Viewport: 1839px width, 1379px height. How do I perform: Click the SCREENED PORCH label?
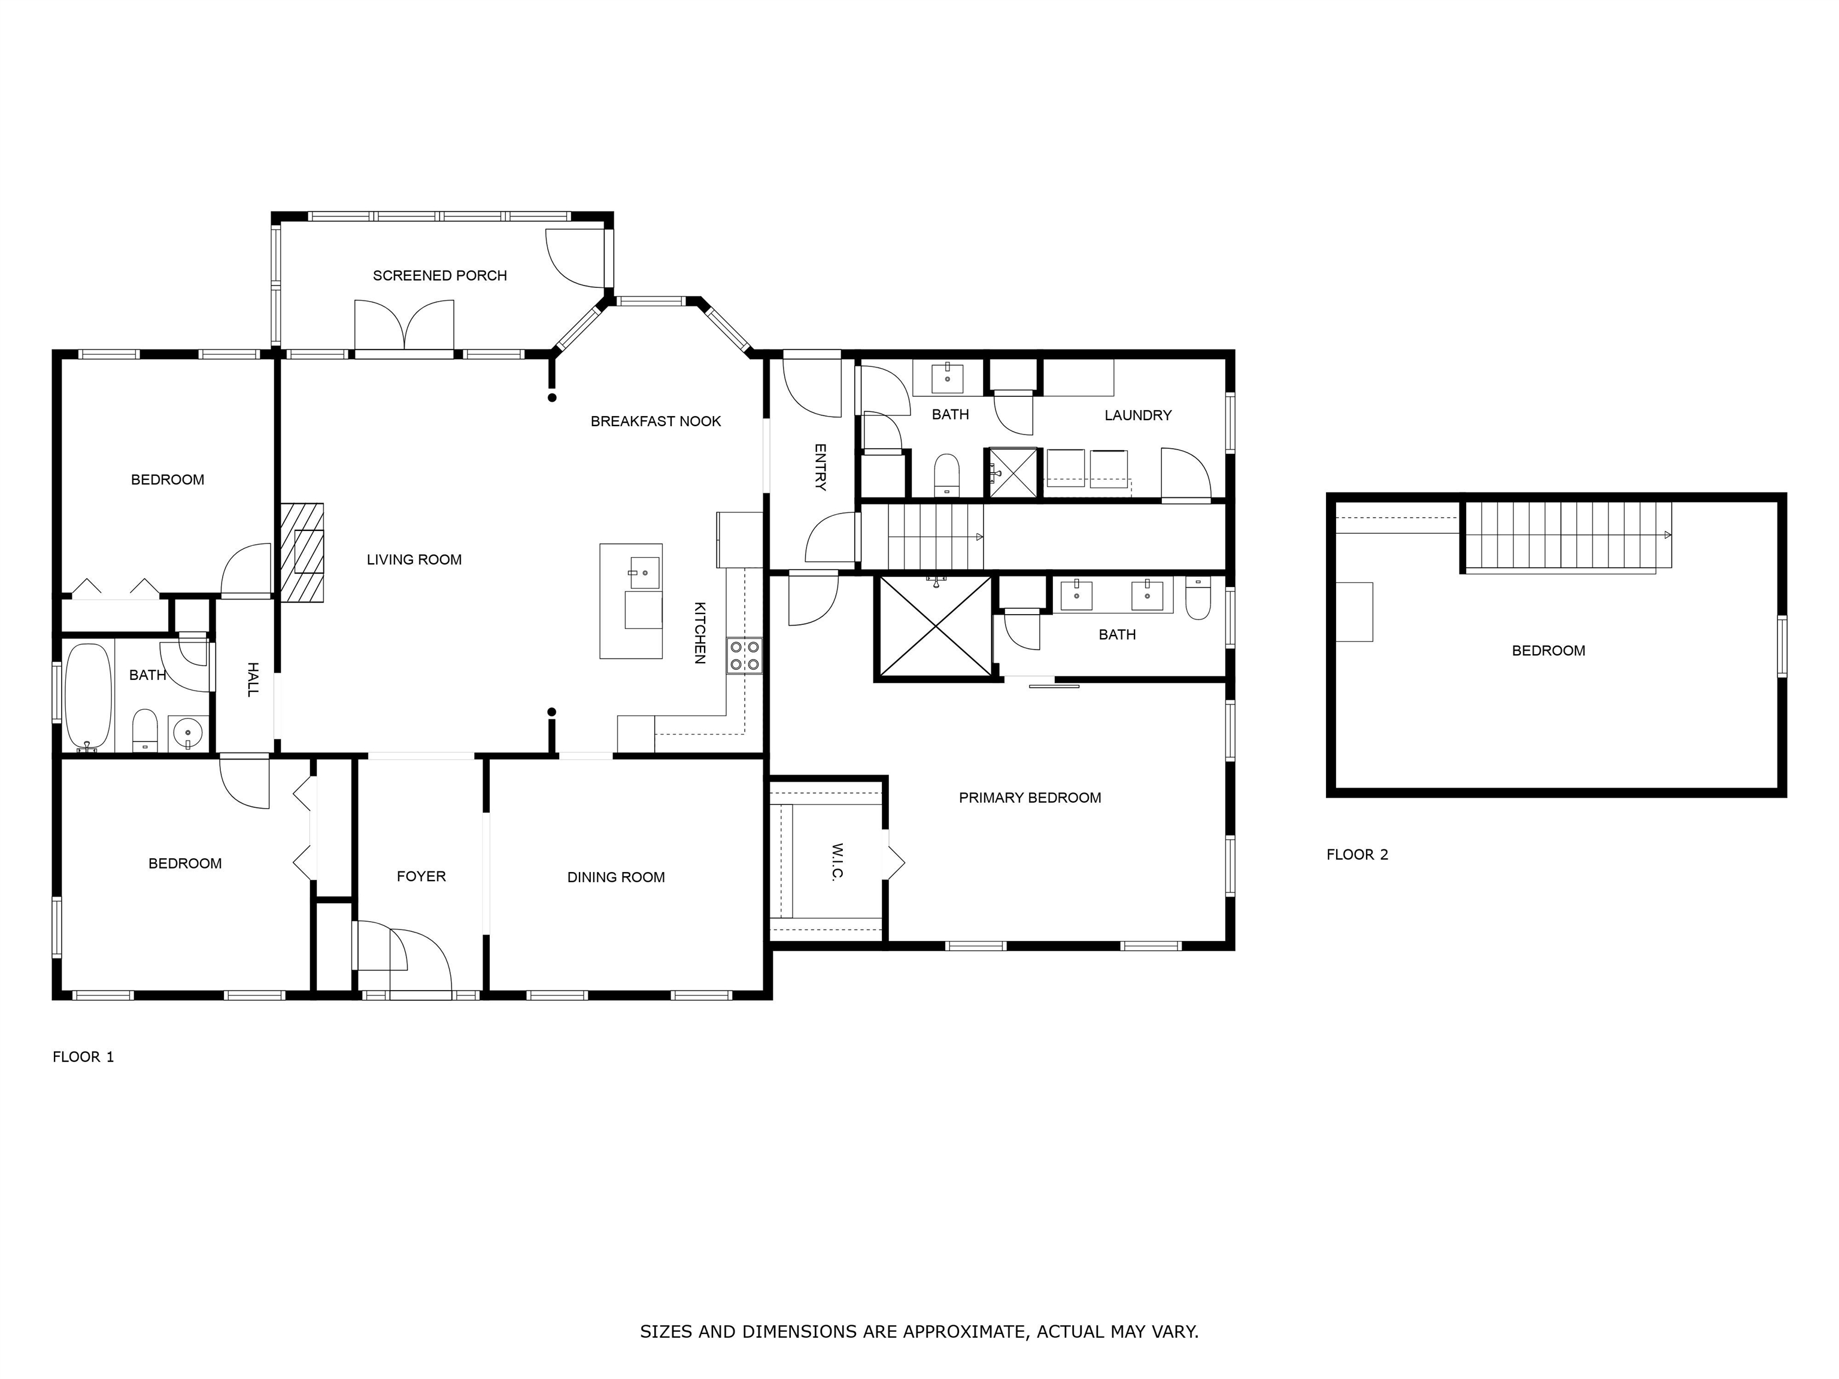click(440, 275)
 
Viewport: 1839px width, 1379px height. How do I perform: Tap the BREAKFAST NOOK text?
click(656, 421)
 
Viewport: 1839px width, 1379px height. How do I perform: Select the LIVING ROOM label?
click(414, 560)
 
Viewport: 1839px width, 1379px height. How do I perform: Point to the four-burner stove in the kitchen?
click(744, 655)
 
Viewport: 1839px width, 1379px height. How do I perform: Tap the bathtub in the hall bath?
click(88, 697)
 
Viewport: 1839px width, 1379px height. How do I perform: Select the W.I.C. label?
click(837, 862)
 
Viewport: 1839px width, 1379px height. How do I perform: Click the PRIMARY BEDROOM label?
click(1030, 798)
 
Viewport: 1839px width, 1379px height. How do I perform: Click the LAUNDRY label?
click(1138, 415)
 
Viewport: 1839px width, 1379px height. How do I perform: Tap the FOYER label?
click(421, 876)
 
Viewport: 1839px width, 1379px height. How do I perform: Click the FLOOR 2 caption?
click(1358, 855)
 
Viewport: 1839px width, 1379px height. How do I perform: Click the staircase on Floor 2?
click(1568, 537)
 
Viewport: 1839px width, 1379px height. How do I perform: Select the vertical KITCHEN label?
click(700, 633)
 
